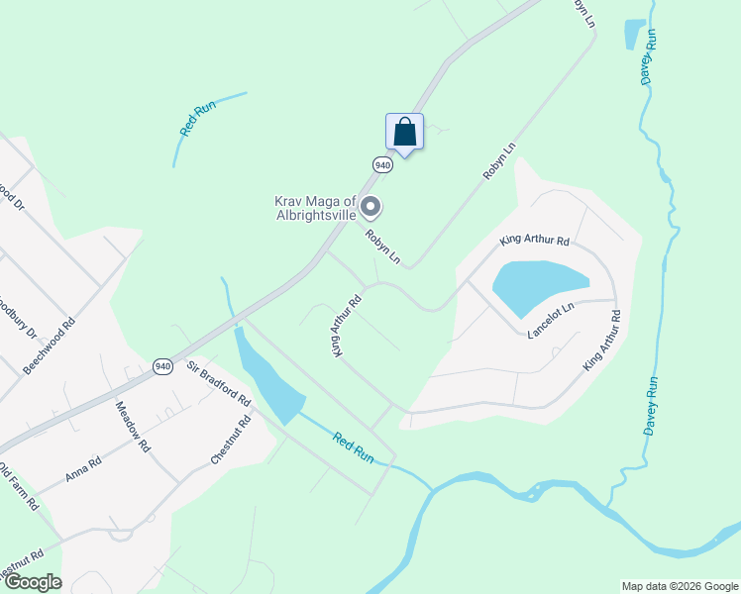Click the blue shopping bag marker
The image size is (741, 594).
click(404, 131)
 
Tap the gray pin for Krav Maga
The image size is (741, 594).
click(370, 208)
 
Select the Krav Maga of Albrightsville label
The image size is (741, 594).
click(315, 208)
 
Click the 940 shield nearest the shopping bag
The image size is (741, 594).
click(383, 163)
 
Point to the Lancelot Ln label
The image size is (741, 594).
click(551, 322)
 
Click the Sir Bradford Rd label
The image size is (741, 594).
click(219, 382)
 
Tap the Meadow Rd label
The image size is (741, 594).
click(133, 427)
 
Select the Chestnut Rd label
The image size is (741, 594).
click(231, 441)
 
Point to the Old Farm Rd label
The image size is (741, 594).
click(18, 485)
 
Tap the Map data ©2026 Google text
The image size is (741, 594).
click(679, 586)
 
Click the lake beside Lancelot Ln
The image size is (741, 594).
click(541, 288)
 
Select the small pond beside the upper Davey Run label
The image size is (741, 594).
click(634, 34)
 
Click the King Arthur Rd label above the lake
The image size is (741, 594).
click(535, 241)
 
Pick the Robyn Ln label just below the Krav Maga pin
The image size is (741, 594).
click(382, 247)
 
